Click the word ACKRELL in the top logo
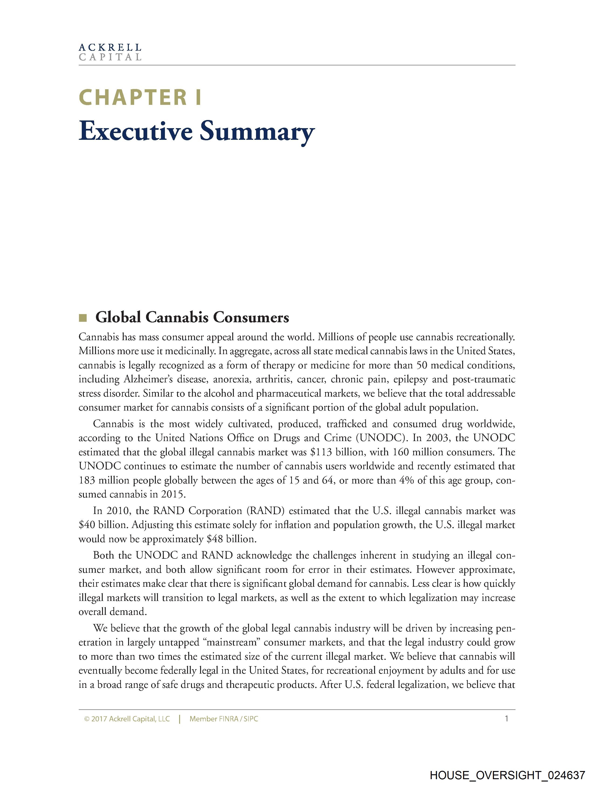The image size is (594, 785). point(110,47)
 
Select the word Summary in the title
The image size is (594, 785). point(257,132)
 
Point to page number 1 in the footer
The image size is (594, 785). point(506,719)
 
